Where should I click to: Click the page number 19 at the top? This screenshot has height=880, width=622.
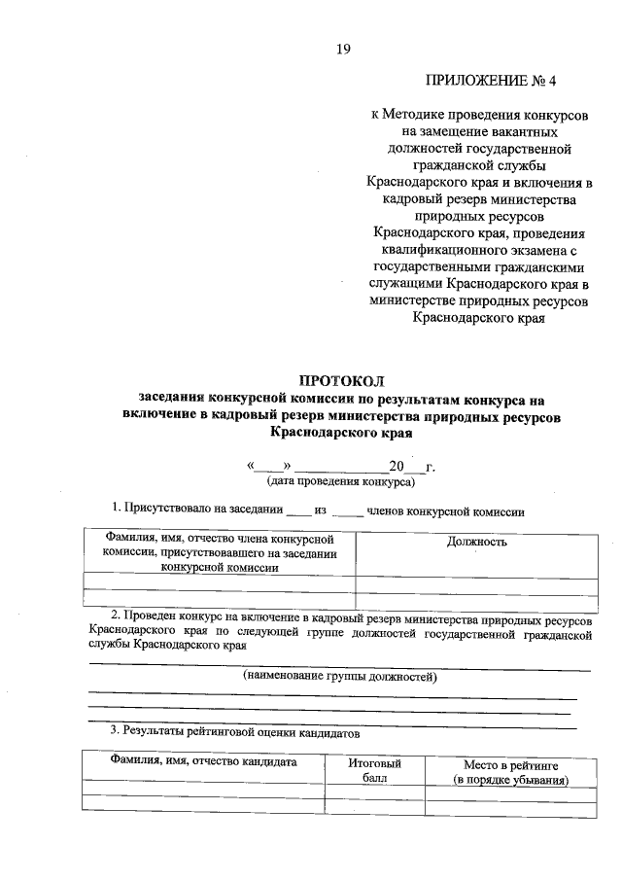click(x=343, y=48)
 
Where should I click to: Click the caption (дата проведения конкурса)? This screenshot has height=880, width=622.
click(x=341, y=480)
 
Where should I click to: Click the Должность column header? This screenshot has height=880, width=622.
click(x=476, y=542)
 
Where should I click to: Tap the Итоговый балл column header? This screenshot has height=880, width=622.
click(x=374, y=771)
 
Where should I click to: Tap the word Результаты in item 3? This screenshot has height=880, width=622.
click(x=158, y=731)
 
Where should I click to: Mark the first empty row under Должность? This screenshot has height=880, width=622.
click(x=476, y=583)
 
